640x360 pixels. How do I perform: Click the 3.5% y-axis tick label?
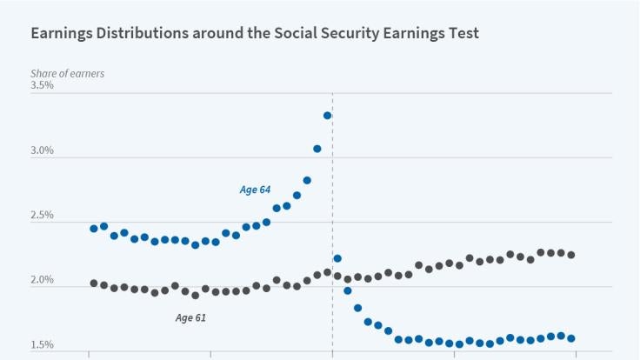[42, 86]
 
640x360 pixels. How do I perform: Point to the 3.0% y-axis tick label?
[42, 150]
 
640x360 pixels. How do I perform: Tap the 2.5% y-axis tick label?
[42, 216]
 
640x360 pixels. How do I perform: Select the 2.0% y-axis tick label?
[42, 281]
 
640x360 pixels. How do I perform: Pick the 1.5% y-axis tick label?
[42, 345]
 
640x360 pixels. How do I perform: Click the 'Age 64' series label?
[255, 190]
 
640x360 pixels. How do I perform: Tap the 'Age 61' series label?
[190, 318]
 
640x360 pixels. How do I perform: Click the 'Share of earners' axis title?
[67, 73]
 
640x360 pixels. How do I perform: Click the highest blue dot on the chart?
[328, 116]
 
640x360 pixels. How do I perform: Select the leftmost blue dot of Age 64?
[94, 229]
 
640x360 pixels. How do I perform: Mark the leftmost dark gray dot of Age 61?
[94, 283]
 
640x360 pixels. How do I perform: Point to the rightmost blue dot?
[571, 338]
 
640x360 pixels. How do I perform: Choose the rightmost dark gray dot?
[571, 255]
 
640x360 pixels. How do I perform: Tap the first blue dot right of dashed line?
[337, 258]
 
